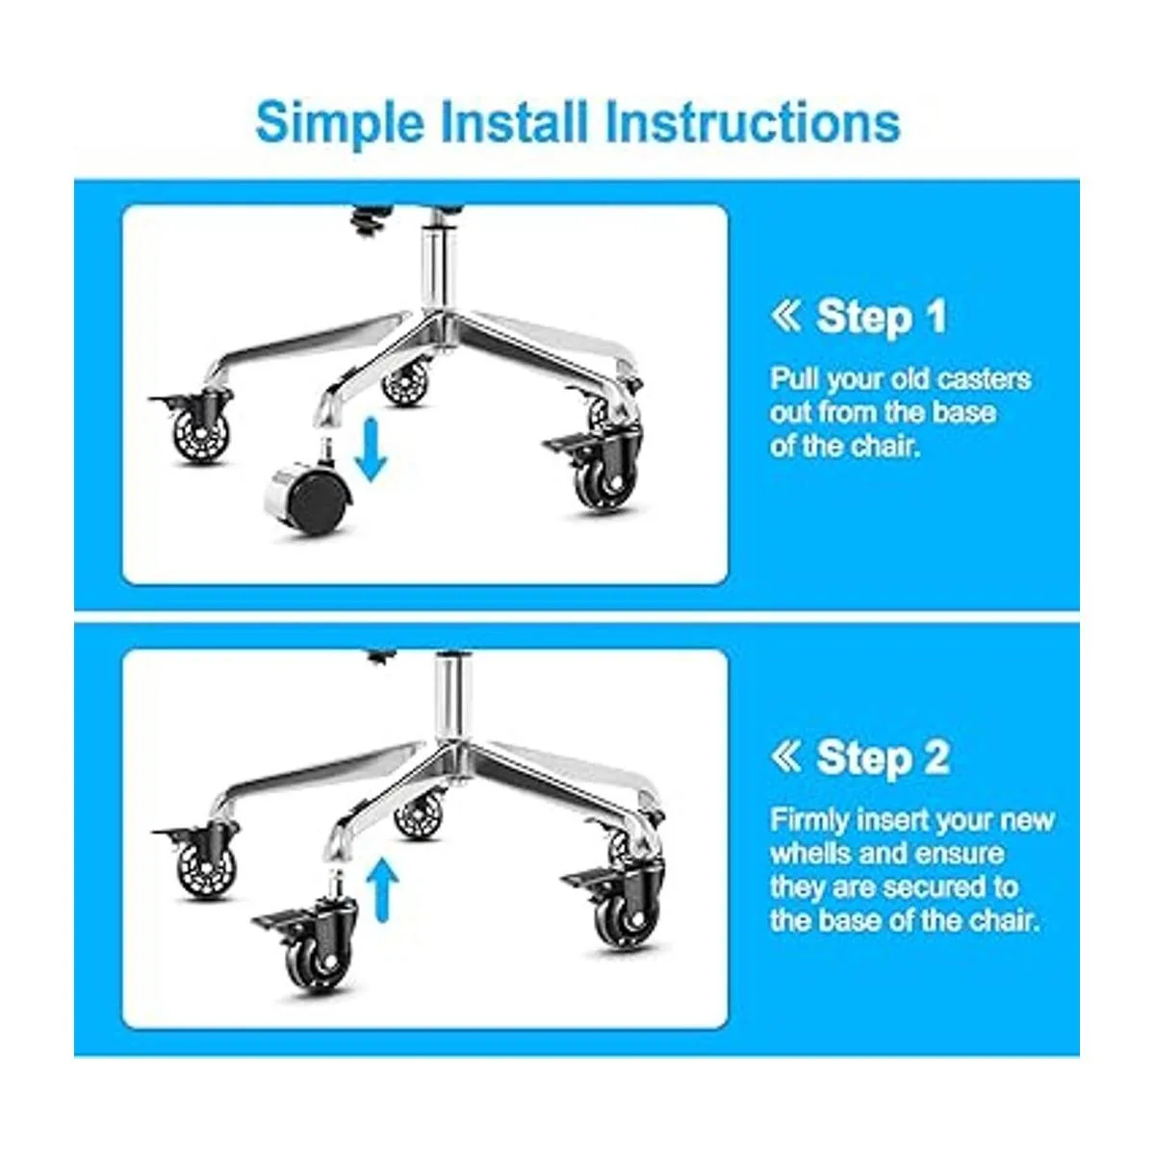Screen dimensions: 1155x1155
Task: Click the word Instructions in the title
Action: pos(753,122)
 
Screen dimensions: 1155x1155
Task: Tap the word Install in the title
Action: pos(514,122)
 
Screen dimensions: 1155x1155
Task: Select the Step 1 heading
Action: pos(881,317)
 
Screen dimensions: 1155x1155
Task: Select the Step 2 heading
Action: pos(883,757)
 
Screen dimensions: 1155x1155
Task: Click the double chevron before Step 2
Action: pos(785,757)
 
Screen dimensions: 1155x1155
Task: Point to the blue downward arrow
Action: pos(372,449)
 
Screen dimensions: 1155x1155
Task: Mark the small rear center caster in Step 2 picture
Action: pos(420,812)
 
